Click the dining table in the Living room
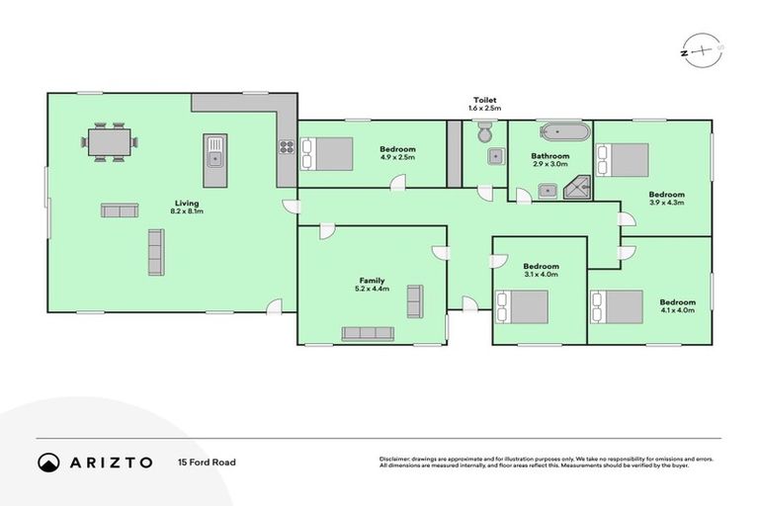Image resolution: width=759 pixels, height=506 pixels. [x=110, y=143]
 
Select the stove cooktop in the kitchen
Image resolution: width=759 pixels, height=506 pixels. [x=287, y=148]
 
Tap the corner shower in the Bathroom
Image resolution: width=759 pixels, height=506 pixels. [x=578, y=188]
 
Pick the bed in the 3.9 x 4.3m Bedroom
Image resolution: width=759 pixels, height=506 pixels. [x=623, y=159]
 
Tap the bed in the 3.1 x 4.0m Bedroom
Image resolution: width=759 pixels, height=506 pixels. [x=521, y=306]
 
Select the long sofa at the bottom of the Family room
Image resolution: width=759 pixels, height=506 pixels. [x=368, y=334]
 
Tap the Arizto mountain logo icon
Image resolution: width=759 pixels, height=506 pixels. [x=48, y=462]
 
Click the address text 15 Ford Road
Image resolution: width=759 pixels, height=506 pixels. [x=207, y=462]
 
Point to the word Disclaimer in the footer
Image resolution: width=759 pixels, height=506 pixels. [x=395, y=459]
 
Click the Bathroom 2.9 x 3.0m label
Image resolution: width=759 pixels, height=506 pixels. [x=550, y=159]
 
